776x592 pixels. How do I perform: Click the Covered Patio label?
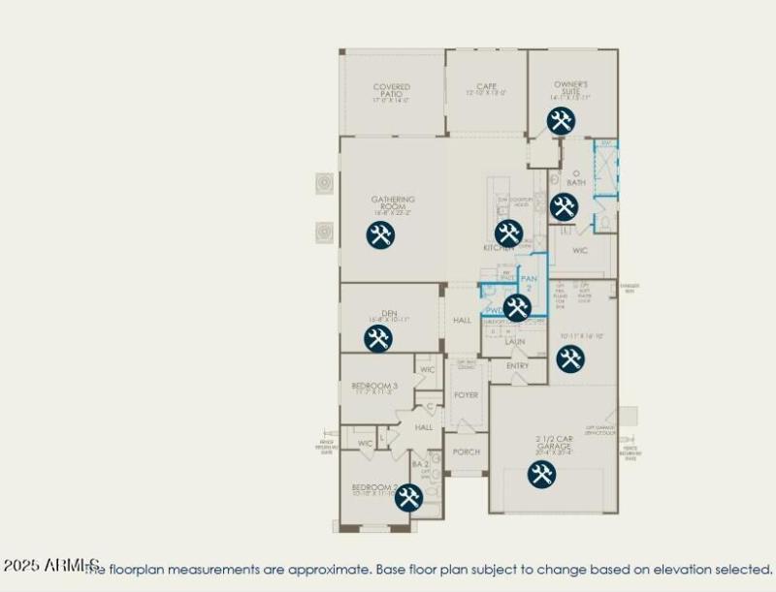[391, 88]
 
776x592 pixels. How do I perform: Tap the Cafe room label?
[486, 86]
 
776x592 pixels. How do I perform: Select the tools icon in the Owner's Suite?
[560, 121]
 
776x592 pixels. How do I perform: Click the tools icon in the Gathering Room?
[380, 234]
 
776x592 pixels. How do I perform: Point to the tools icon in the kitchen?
[508, 233]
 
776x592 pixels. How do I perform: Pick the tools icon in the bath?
[564, 206]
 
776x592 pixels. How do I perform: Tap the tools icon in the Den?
[378, 338]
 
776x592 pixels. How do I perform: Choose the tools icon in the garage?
[541, 474]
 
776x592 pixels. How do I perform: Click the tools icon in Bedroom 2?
[408, 497]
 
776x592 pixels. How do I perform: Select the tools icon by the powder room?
[517, 308]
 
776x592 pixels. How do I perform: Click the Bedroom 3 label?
[374, 386]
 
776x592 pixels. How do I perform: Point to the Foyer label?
[466, 395]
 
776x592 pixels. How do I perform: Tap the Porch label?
[467, 452]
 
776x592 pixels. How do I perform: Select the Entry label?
[518, 365]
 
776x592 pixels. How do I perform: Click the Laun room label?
[515, 342]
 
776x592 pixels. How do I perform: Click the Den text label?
[389, 313]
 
